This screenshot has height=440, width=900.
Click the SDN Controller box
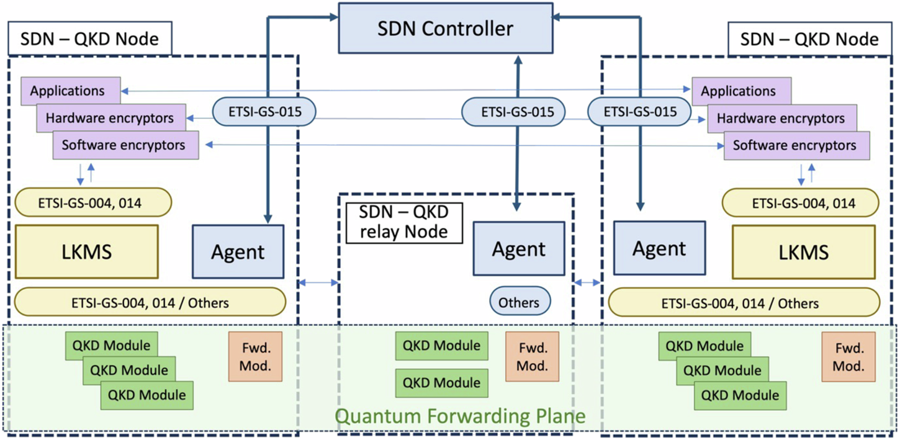coord(445,28)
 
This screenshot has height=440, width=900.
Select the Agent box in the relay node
coord(518,248)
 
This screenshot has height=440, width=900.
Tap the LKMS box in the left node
coord(86,251)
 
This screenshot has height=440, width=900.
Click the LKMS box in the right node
coord(804,252)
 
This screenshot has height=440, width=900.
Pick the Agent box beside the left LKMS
coord(238,251)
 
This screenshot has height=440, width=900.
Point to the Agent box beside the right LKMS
coord(659,248)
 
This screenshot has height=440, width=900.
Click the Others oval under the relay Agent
coord(520,302)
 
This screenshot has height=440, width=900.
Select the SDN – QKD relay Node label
coord(403,222)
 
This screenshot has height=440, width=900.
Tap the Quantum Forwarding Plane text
coord(461,416)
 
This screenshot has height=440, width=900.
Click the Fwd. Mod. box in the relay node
coord(532,356)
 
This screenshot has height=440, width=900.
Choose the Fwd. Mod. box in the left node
coord(255,356)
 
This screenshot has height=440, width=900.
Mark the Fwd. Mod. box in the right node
coord(848,356)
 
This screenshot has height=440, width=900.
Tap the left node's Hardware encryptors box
coord(110,118)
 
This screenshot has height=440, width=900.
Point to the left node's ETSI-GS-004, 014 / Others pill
coord(150,303)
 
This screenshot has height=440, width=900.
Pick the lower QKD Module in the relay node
coord(441,383)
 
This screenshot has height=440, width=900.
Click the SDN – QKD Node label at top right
coord(809,40)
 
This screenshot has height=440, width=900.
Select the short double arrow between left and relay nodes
coord(318,283)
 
